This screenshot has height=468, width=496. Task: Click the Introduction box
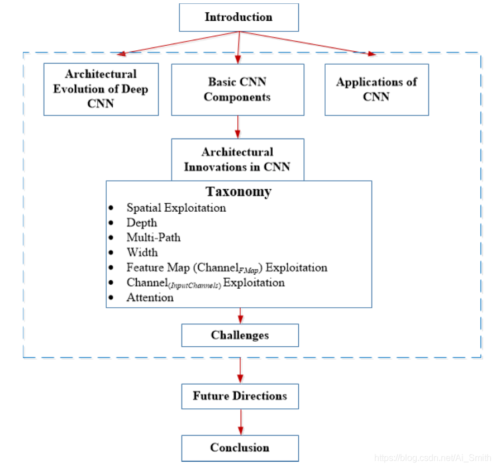coord(239,17)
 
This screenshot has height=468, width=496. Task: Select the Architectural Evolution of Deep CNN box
coord(101,89)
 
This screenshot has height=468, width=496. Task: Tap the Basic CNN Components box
coord(237,89)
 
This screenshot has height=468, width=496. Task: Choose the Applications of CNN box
coord(376,89)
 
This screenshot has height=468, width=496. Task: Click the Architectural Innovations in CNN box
coord(237,159)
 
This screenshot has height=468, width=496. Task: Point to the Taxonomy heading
coord(239,192)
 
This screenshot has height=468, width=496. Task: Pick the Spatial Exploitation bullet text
coord(176,208)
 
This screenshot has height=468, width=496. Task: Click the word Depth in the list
coord(142,222)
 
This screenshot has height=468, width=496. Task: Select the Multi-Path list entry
coord(154,237)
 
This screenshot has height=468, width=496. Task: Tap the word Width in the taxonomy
coord(142,252)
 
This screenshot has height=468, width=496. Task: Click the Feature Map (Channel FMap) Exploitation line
coord(227,268)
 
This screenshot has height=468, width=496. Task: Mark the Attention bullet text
coord(150,298)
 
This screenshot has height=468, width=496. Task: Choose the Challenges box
coord(240,335)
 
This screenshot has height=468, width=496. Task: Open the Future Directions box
coord(240,396)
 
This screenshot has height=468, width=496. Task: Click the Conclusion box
coord(240,447)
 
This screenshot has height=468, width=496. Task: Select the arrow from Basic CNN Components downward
coord(238,127)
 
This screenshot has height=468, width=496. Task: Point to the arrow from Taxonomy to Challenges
coord(240,316)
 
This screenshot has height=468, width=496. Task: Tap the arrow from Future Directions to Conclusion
coord(241,422)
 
